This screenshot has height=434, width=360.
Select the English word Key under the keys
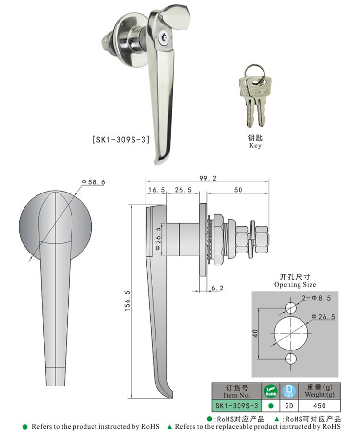click(x=255, y=145)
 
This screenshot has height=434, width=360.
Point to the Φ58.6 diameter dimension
click(x=93, y=182)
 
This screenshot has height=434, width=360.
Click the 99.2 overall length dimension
click(x=207, y=178)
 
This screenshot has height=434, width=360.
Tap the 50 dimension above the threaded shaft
click(x=238, y=190)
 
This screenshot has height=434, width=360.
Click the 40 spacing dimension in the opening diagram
click(x=255, y=333)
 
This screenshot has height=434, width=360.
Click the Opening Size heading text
click(x=295, y=284)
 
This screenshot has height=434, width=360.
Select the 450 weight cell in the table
click(x=319, y=406)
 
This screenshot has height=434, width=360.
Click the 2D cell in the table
click(x=289, y=406)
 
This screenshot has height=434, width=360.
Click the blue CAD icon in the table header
click(x=289, y=391)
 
